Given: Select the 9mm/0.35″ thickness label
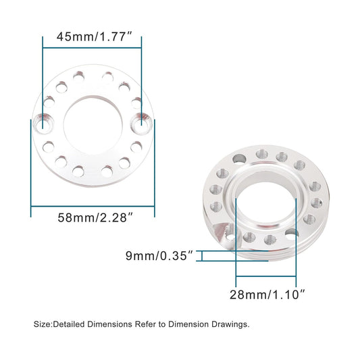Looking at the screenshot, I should coord(159,255).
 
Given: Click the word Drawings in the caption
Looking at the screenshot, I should coord(231,324).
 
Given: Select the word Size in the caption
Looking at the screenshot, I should coord(42,324).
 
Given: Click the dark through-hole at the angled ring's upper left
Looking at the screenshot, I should coord(237,159).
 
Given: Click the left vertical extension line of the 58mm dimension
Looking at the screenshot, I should coord(31,169).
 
